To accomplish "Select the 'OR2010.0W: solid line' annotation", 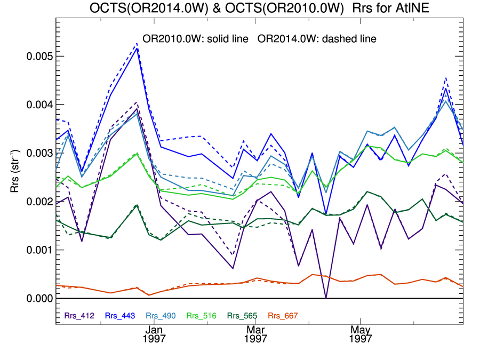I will (x=193, y=39).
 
